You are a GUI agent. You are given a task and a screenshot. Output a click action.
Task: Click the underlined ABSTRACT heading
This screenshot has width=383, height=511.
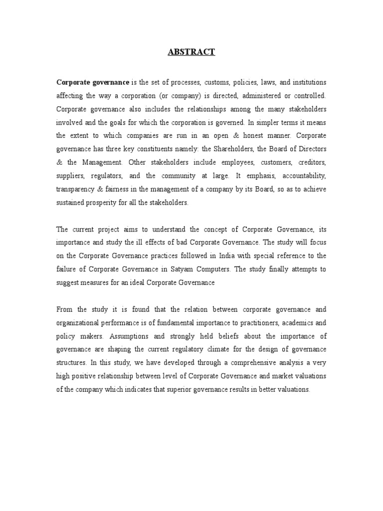(191, 52)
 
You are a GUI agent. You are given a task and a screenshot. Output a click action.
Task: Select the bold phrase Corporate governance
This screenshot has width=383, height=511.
(93, 82)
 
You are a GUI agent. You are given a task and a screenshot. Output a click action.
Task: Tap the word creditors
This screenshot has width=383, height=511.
(312, 163)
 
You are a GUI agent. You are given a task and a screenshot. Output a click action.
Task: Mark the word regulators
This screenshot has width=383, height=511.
(106, 176)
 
